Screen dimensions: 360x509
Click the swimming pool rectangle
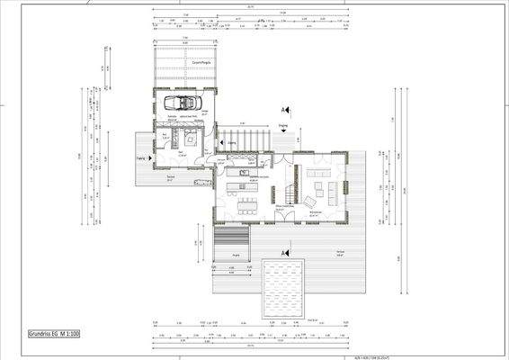(283, 288)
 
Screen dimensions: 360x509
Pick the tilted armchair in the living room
(310, 200)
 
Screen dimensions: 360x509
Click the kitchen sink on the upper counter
(243, 168)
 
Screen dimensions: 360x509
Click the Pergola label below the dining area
(236, 256)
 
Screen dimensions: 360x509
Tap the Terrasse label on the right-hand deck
(340, 251)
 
